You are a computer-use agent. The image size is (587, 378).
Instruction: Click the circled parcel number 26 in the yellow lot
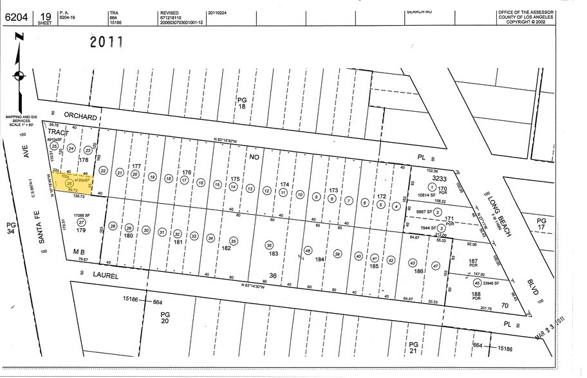point(69,183)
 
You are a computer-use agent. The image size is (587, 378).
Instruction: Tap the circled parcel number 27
point(81,222)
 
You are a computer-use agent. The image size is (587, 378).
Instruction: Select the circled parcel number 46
point(477,283)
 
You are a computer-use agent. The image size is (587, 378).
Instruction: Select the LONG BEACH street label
point(498,219)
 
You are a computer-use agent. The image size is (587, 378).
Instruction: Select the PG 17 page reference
point(542,224)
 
